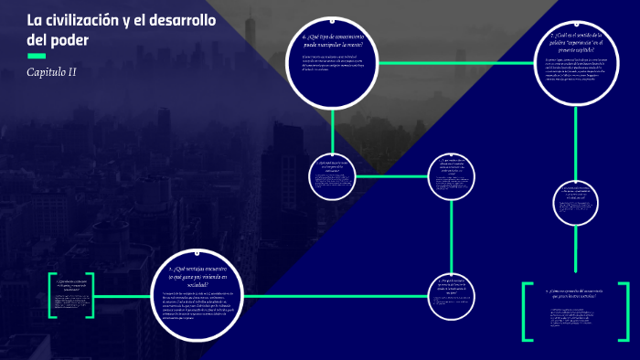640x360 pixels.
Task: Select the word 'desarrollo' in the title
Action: [x=178, y=21]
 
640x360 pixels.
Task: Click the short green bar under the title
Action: [x=37, y=56]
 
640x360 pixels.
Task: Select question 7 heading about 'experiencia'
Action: [x=571, y=41]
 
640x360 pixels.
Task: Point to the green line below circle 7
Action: [x=574, y=142]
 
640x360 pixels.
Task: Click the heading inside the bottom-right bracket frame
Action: [x=576, y=293]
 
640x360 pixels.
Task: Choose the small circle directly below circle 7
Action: [x=574, y=202]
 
